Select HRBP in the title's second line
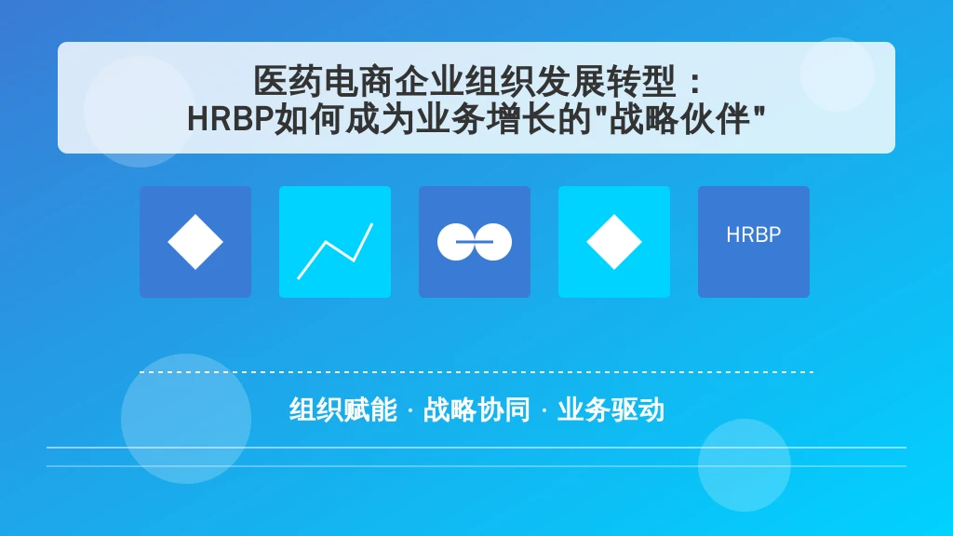coord(231,118)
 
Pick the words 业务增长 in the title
coord(486,118)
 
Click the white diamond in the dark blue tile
coord(195,242)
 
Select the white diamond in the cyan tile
coord(614,242)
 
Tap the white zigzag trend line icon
coord(335,251)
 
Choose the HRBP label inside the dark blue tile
coord(754,234)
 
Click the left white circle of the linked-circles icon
coord(456,242)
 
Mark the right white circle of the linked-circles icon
coord(493,242)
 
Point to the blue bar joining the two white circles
coord(475,242)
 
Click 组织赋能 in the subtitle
coord(342,409)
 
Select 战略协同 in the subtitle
coord(476,409)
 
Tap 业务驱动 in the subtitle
coord(611,409)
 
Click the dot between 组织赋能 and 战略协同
coord(410,410)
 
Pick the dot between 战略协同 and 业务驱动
coord(544,410)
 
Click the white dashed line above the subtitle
coord(476,372)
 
